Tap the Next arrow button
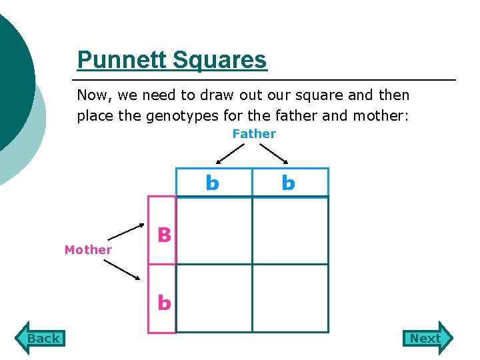427,338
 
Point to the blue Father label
254,134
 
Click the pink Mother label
88,250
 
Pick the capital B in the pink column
164,235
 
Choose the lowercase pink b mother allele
164,303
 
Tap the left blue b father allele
212,183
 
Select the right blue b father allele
288,183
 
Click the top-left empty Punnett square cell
214,231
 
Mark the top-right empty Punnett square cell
290,231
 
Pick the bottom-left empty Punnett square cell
214,298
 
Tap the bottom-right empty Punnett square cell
290,298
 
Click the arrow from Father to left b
231,153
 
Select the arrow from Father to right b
273,153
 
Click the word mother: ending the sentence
384,116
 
